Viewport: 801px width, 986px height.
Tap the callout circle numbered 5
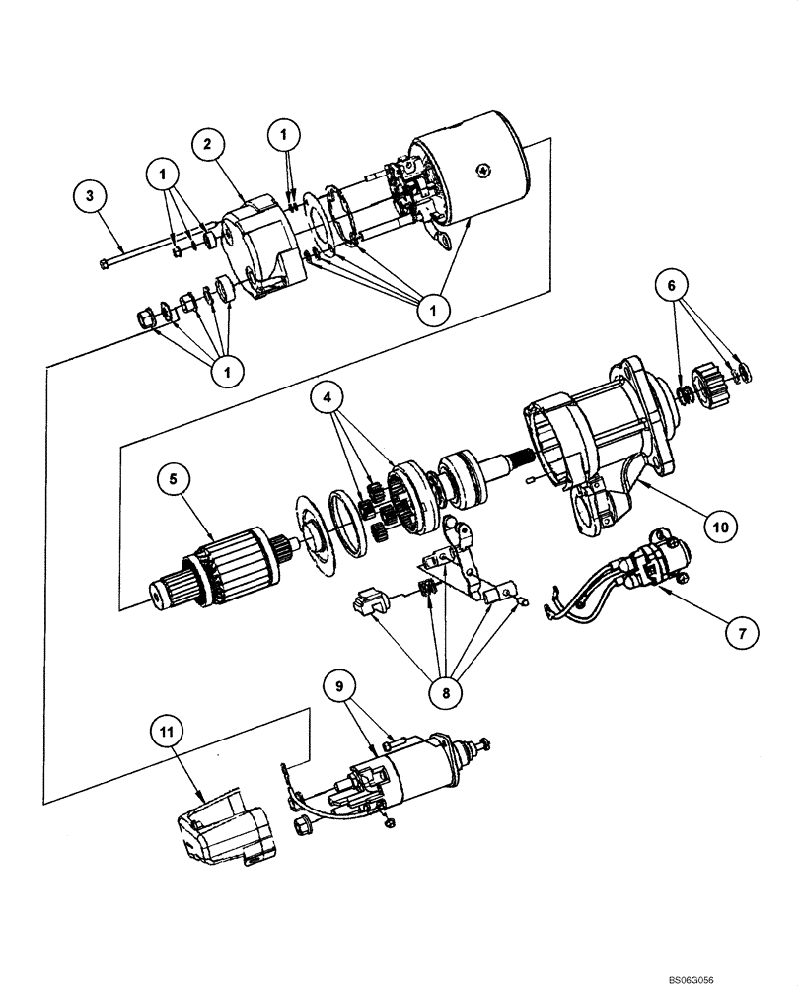[174, 480]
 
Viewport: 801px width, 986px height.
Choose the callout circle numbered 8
[446, 692]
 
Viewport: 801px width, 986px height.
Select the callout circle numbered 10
[721, 527]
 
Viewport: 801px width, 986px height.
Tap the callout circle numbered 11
[168, 732]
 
